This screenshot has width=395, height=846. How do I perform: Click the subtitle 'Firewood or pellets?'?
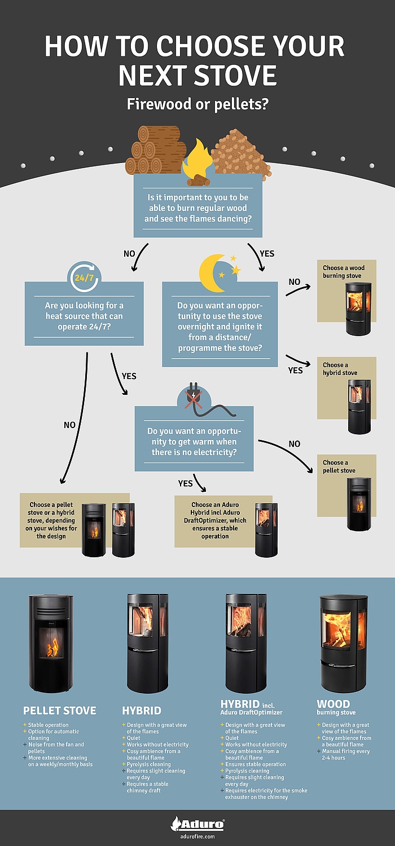tap(197, 105)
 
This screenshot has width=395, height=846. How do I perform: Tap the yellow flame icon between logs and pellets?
tap(197, 160)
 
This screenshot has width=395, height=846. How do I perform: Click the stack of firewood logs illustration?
tap(155, 149)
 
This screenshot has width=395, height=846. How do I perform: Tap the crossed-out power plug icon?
tap(192, 398)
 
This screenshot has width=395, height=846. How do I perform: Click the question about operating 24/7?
tap(84, 316)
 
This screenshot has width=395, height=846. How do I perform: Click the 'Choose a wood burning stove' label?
tap(344, 272)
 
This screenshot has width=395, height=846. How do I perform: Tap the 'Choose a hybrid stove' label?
tap(340, 369)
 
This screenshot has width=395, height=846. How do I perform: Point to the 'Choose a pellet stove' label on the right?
tap(339, 466)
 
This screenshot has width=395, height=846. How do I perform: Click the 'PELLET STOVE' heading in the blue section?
tap(60, 711)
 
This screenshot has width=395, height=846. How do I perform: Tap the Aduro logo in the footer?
tap(197, 824)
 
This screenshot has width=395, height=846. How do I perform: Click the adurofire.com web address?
tap(197, 836)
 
